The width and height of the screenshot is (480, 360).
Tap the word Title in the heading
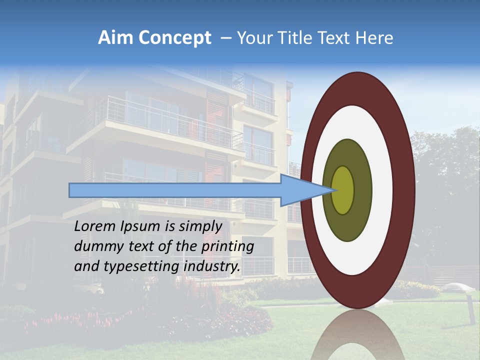click(x=292, y=38)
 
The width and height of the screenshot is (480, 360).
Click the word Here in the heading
click(x=375, y=38)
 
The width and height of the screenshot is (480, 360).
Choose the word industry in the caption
click(x=212, y=266)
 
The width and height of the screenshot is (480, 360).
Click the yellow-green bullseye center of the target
click(x=343, y=190)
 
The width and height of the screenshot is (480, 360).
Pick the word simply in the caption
click(x=199, y=226)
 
